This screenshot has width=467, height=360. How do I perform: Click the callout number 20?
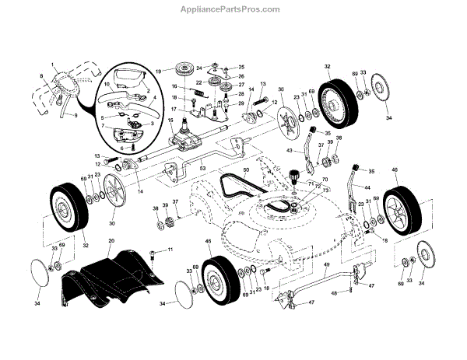pyautogui.click(x=111, y=242)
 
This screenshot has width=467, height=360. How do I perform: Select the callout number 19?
pyautogui.click(x=158, y=71)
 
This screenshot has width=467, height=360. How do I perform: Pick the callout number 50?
pyautogui.click(x=247, y=169)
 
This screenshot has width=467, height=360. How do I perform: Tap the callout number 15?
pyautogui.click(x=171, y=121)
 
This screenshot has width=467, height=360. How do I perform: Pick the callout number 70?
pyautogui.click(x=301, y=180)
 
